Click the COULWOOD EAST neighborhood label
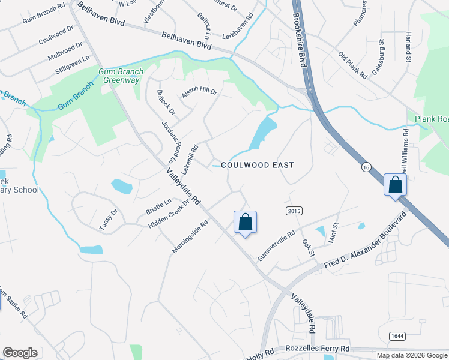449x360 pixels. click(x=258, y=164)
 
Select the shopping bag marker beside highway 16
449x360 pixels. click(x=396, y=185)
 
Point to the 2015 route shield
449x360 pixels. click(x=294, y=211)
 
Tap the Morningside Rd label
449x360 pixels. click(x=190, y=236)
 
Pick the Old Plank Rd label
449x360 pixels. click(x=352, y=65)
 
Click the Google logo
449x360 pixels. click(x=20, y=353)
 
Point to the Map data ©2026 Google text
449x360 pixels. click(x=411, y=355)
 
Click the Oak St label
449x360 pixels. click(x=309, y=247)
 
